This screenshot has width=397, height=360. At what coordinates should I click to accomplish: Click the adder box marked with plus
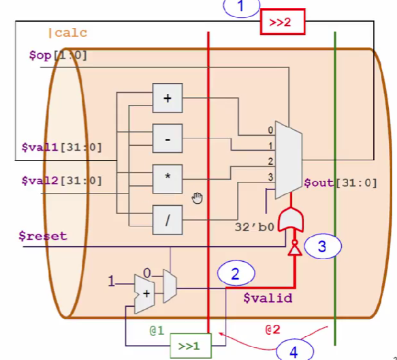[x=168, y=99]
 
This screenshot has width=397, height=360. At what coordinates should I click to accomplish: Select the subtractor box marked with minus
[x=168, y=138]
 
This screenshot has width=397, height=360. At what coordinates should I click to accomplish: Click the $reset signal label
[x=44, y=236]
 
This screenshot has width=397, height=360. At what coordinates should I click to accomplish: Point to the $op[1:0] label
[x=58, y=55]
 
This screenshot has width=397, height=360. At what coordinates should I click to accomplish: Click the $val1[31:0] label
[x=62, y=147]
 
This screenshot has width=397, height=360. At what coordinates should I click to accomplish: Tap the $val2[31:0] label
[x=62, y=181]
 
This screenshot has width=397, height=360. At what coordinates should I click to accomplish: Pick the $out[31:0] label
[x=340, y=182]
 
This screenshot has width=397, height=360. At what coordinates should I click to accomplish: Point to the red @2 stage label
[x=273, y=329]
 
